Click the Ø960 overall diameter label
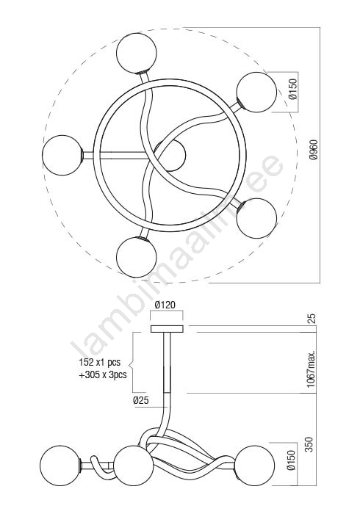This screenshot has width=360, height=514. [314, 150]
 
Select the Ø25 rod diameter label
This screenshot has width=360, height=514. [141, 400]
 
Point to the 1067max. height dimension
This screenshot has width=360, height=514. [312, 368]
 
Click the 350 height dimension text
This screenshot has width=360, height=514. [309, 444]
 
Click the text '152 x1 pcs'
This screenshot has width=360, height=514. [99, 362]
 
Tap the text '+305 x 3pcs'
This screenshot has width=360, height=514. [103, 374]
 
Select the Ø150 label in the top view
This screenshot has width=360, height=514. [293, 89]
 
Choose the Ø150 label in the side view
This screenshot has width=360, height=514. [291, 460]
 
